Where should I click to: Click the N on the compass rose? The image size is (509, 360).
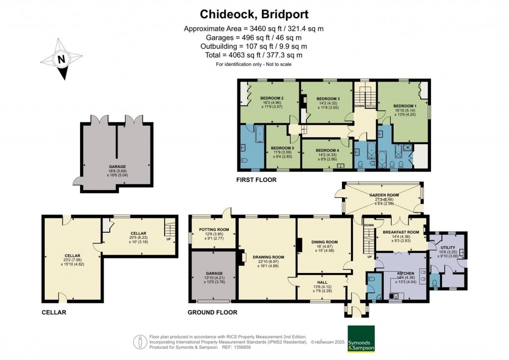tap(61, 60)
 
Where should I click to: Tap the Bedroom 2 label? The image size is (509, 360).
tap(272, 97)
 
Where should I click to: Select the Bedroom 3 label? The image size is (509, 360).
tap(328, 98)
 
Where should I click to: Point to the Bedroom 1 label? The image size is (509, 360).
tap(405, 106)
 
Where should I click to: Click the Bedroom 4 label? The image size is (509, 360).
tap(327, 150)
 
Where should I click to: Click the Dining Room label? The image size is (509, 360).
tap(325, 242)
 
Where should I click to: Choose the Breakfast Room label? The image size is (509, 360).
tap(401, 232)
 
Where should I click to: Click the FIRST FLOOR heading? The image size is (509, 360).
tap(256, 180)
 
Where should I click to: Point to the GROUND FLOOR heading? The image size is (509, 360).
tap(212, 312)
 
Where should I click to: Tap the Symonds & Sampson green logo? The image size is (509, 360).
tap(361, 339)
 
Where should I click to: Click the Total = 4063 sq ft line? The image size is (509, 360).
tap(254, 55)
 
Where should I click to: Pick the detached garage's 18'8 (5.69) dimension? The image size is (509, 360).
tap(117, 171)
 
